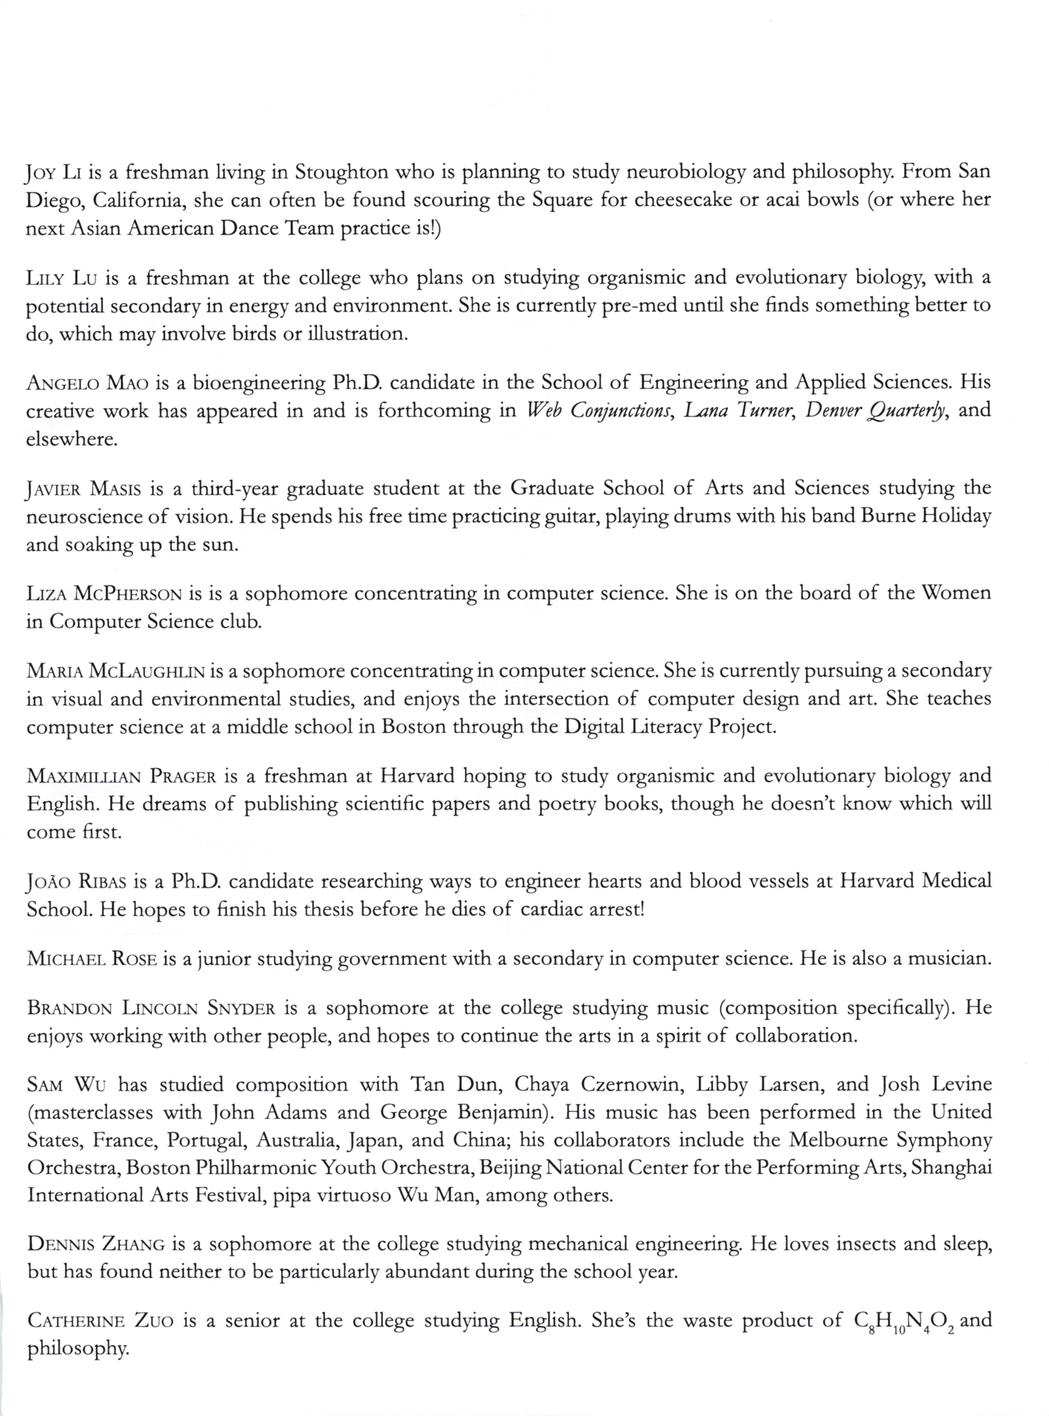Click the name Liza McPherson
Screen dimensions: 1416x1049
coord(104,594)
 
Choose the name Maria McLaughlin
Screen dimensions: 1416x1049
coord(115,671)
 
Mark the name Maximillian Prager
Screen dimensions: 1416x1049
coord(121,777)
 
